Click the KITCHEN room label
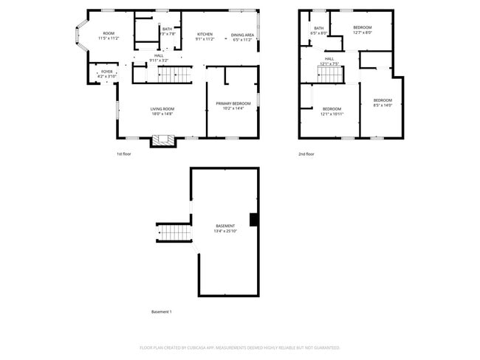tap(205, 34)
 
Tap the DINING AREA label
tap(242, 35)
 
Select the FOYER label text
tap(107, 72)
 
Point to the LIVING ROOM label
tap(162, 108)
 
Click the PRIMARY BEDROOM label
tap(233, 103)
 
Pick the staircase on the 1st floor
tap(175, 74)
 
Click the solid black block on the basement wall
tap(254, 220)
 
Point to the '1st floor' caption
tap(123, 154)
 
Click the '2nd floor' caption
tap(306, 154)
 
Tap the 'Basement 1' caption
tap(161, 312)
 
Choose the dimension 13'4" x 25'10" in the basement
tap(225, 231)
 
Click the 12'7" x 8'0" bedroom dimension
tap(362, 32)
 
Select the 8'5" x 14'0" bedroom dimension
tap(382, 105)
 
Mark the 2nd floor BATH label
tap(318, 28)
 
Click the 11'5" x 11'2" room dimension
tap(109, 38)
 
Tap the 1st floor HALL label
tap(159, 55)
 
